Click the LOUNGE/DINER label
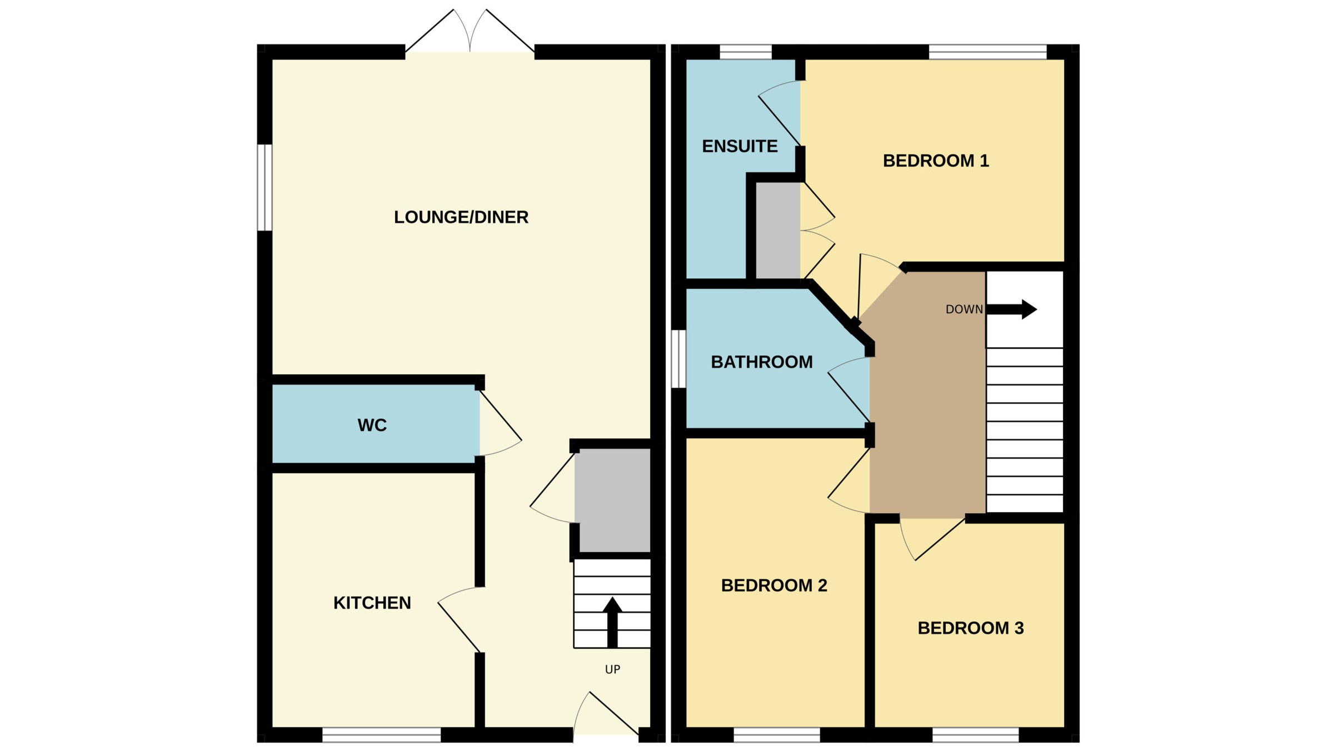point(461,217)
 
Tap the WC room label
point(372,425)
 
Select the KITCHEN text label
point(372,603)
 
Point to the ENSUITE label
point(740,147)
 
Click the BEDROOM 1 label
point(936,161)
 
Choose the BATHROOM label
point(761,362)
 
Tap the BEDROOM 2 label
point(774,585)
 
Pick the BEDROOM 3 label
point(970,628)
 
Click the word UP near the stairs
point(612,670)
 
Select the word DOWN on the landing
point(964,309)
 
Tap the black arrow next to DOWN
point(1012,309)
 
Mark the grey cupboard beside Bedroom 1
point(778,230)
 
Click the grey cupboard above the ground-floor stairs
point(612,500)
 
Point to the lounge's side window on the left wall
point(264,188)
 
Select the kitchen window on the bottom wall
point(381,734)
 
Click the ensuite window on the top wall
point(746,52)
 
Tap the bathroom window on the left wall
point(678,359)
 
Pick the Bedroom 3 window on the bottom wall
point(975,734)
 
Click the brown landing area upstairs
point(928,411)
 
